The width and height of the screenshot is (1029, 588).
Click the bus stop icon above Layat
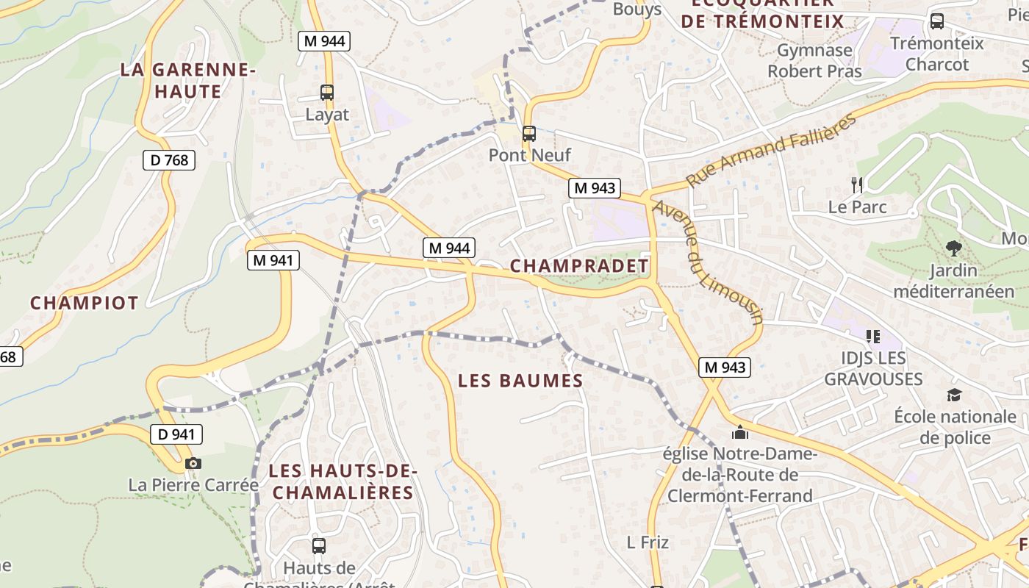327,93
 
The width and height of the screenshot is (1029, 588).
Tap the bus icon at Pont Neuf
529,134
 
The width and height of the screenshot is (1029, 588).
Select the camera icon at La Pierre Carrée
193,463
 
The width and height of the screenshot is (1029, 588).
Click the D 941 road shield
176,434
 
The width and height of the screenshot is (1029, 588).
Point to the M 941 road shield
273,259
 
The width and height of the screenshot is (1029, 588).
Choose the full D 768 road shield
169,159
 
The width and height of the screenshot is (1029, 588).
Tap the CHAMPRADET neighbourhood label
579,266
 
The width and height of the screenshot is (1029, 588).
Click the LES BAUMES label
520,381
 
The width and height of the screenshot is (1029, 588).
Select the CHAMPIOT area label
85,303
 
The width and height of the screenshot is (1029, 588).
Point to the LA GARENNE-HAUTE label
187,81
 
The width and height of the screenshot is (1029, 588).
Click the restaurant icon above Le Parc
857,184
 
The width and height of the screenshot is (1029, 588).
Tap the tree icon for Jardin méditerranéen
953,248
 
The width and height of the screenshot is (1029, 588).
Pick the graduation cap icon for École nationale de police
954,395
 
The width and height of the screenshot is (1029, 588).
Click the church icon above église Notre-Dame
740,432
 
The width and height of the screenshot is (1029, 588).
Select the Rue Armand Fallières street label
772,151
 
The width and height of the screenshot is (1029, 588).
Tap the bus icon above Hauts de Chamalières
319,546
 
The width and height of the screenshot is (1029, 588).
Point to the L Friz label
648,542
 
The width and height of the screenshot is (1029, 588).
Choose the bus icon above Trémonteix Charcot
937,21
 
